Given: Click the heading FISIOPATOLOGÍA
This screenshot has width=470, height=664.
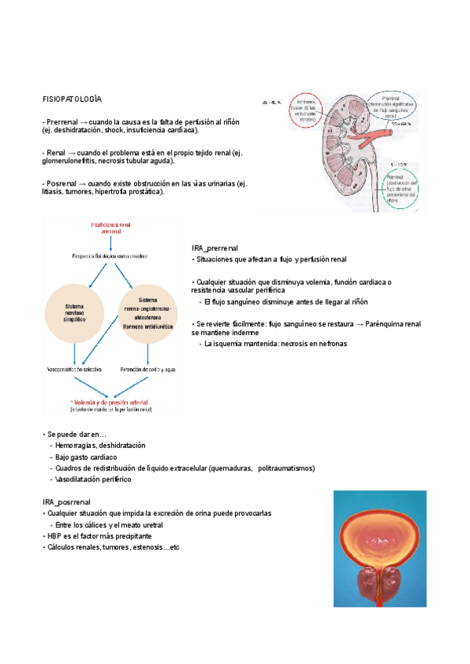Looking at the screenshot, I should [72, 99].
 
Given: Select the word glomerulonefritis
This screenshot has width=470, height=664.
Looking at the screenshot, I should [71, 161].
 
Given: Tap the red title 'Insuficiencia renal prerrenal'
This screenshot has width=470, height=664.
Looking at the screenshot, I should [110, 228].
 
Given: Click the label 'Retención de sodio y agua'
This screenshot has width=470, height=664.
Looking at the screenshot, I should [147, 369].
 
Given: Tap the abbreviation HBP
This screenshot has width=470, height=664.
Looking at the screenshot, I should [56, 536].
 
